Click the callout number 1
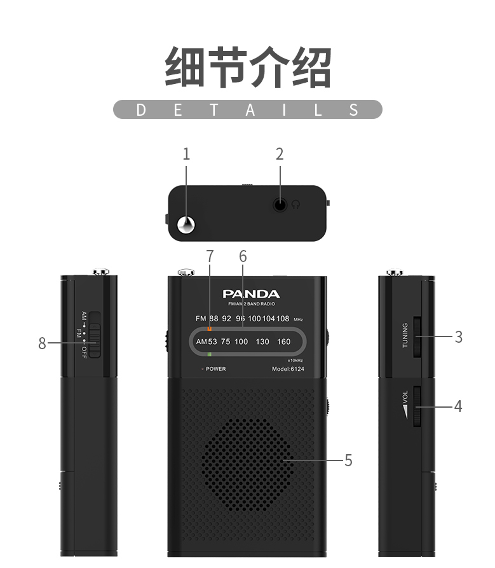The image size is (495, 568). pyautogui.click(x=186, y=154)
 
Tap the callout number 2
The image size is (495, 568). pyautogui.click(x=280, y=154)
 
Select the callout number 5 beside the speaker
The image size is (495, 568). pyautogui.click(x=348, y=460)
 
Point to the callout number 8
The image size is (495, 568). pyautogui.click(x=42, y=343)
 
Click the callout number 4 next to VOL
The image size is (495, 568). pyautogui.click(x=458, y=406)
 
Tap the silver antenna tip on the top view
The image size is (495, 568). pyautogui.click(x=187, y=224)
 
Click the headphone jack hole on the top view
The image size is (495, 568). pyautogui.click(x=280, y=205)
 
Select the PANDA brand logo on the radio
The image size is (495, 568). pyautogui.click(x=251, y=294)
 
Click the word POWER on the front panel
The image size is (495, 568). pyautogui.click(x=215, y=369)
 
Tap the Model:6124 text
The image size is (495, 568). pyautogui.click(x=288, y=369)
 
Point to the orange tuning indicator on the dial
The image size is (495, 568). pyautogui.click(x=209, y=329)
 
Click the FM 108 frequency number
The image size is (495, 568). pyautogui.click(x=283, y=318)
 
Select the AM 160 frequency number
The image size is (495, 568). pyautogui.click(x=283, y=342)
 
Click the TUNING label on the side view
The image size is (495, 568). pyautogui.click(x=405, y=335)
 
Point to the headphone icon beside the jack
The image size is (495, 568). pyautogui.click(x=296, y=205)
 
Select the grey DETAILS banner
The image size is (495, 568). pyautogui.click(x=248, y=109)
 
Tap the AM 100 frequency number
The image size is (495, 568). pyautogui.click(x=241, y=342)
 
